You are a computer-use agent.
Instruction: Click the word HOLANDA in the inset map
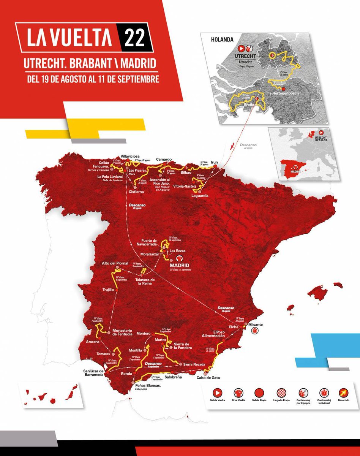(224, 39)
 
